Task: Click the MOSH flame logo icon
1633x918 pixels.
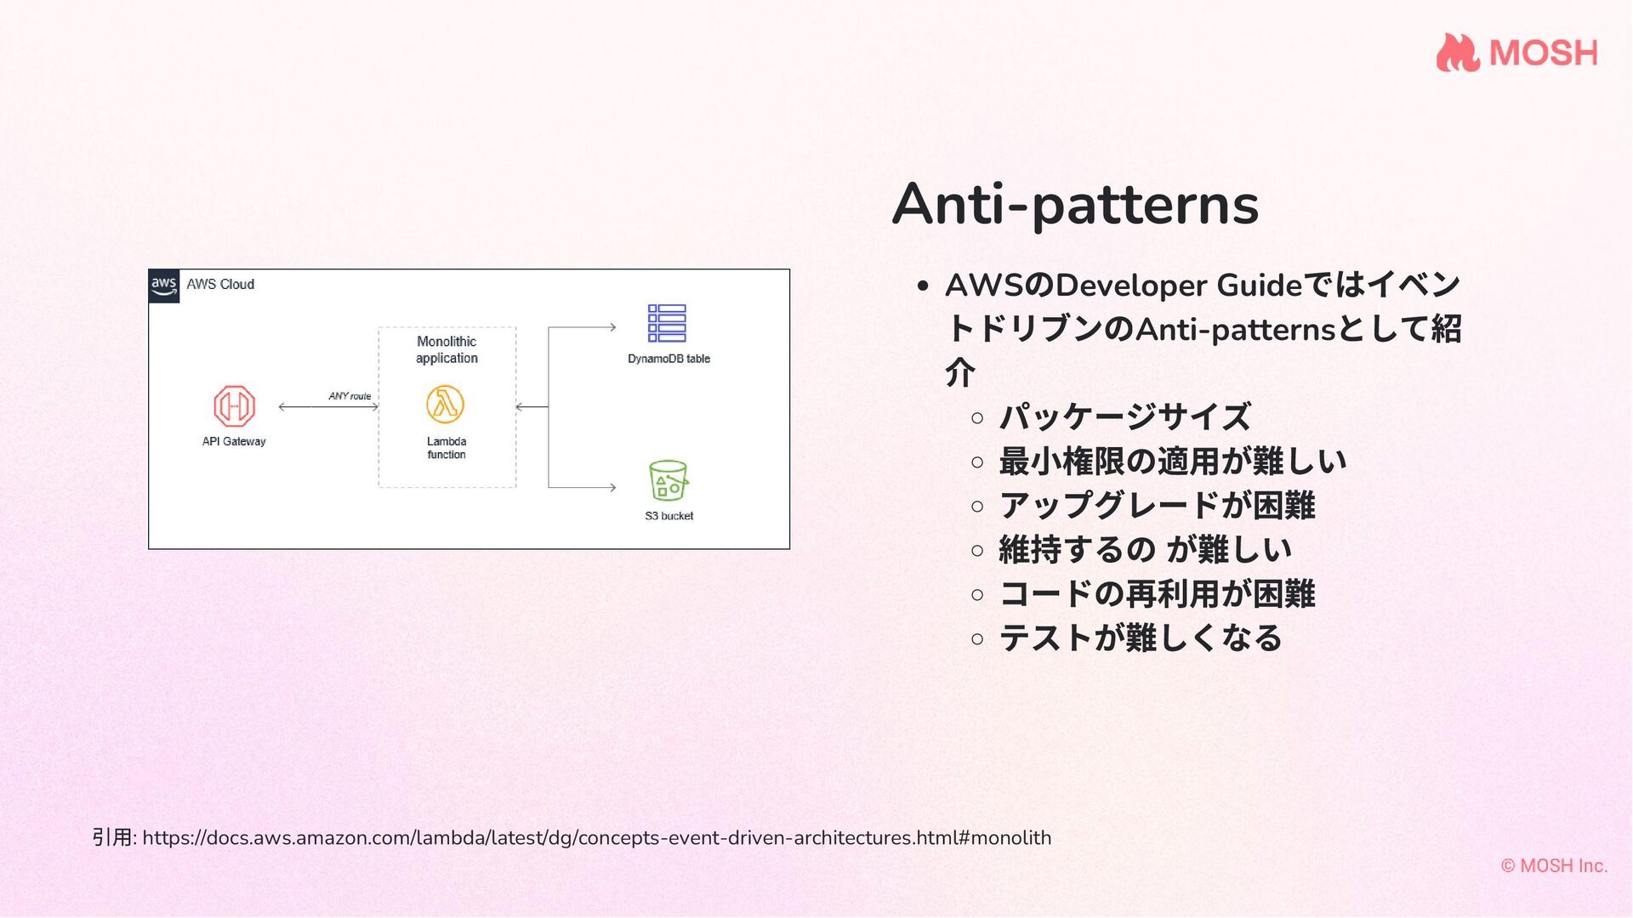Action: pyautogui.click(x=1458, y=53)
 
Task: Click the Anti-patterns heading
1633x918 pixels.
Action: pyautogui.click(x=1075, y=205)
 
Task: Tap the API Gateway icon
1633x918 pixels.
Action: pyautogui.click(x=234, y=406)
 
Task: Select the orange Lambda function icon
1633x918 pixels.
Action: pyautogui.click(x=446, y=405)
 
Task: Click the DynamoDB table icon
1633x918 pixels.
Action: pyautogui.click(x=667, y=323)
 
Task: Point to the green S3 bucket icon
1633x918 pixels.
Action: pyautogui.click(x=668, y=481)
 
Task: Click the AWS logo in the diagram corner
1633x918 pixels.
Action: pyautogui.click(x=164, y=286)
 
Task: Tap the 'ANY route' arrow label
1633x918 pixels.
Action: pyautogui.click(x=350, y=396)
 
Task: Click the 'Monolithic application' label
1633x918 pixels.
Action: pyautogui.click(x=447, y=349)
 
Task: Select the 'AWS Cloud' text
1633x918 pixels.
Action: pyautogui.click(x=220, y=285)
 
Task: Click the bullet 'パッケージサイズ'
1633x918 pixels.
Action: pyautogui.click(x=1124, y=417)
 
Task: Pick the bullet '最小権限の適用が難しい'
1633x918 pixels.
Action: pyautogui.click(x=1172, y=462)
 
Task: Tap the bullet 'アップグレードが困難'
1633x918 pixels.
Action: pyautogui.click(x=1157, y=506)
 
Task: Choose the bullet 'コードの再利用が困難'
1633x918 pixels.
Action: pyautogui.click(x=1157, y=594)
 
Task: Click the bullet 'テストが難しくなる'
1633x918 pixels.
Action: pyautogui.click(x=1140, y=638)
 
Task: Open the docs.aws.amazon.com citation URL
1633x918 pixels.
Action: pyautogui.click(x=596, y=838)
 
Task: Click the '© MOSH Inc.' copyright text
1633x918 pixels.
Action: pyautogui.click(x=1554, y=866)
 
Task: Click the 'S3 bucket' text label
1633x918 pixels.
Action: pyautogui.click(x=669, y=516)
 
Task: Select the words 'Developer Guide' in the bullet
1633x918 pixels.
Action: pyautogui.click(x=1178, y=286)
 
